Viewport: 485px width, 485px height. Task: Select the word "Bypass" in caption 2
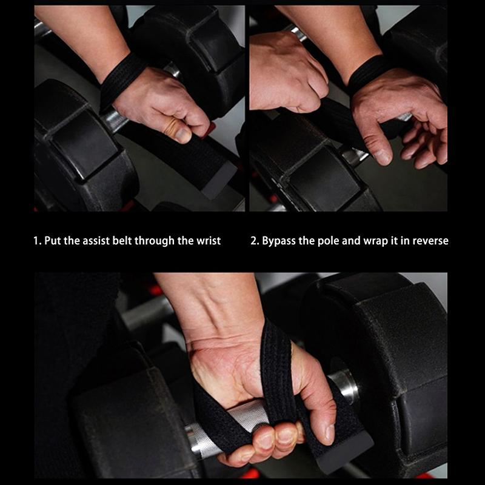[281, 241]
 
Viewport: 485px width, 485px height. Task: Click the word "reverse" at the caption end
[429, 241]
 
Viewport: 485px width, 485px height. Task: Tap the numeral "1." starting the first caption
[37, 241]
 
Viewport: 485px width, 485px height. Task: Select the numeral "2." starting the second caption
[255, 241]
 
